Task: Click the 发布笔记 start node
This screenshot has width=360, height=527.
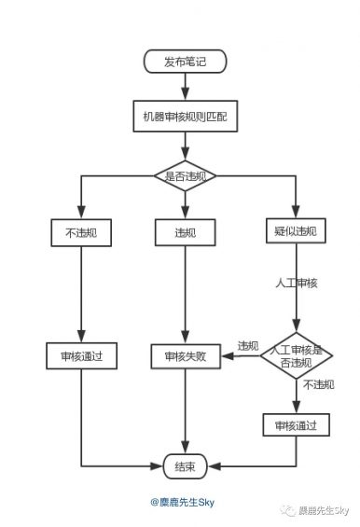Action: point(185,62)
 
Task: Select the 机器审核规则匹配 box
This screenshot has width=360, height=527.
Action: point(185,118)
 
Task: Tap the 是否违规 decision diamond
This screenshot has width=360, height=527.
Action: point(185,175)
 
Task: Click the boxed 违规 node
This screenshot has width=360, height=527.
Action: point(185,231)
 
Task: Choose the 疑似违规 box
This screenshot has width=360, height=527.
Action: point(296,231)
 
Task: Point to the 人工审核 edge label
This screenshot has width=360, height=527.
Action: point(296,283)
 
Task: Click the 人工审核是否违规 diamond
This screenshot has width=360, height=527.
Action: point(297,355)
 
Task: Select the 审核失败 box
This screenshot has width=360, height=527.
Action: point(185,355)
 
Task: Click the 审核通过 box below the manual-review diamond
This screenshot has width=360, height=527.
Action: point(296,425)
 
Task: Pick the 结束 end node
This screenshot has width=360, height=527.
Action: point(185,465)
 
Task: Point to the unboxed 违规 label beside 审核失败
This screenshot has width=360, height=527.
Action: point(248,345)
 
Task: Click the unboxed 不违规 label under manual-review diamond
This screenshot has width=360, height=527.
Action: point(317,384)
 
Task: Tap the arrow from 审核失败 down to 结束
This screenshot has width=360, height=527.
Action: point(185,410)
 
